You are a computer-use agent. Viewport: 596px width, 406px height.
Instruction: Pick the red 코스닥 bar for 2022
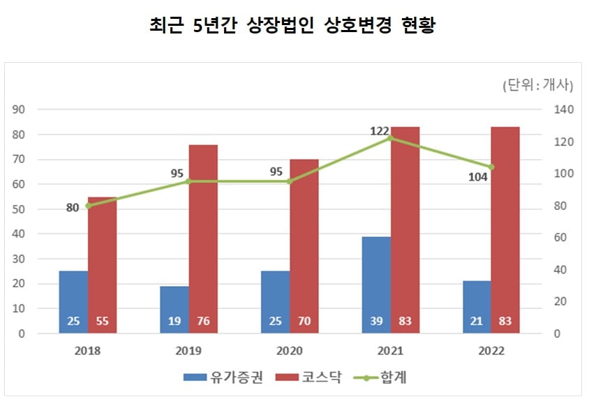pyautogui.click(x=505, y=230)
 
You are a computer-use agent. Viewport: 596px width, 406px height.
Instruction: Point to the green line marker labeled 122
pyautogui.click(x=391, y=138)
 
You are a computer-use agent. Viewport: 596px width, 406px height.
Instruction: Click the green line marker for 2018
pyautogui.click(x=88, y=206)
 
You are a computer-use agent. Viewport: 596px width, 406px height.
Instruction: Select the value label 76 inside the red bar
pyautogui.click(x=203, y=322)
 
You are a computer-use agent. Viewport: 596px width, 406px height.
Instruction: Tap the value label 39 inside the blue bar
pyautogui.click(x=376, y=322)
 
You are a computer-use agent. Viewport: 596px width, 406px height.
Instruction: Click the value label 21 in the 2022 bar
pyautogui.click(x=477, y=322)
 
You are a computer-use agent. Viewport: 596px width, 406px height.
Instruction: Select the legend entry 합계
pyautogui.click(x=383, y=378)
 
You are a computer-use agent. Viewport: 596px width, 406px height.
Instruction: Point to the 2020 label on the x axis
pyautogui.click(x=289, y=351)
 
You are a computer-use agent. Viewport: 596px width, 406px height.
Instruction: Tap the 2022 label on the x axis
pyautogui.click(x=491, y=351)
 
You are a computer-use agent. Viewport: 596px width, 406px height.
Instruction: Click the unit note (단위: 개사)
pyautogui.click(x=537, y=86)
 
